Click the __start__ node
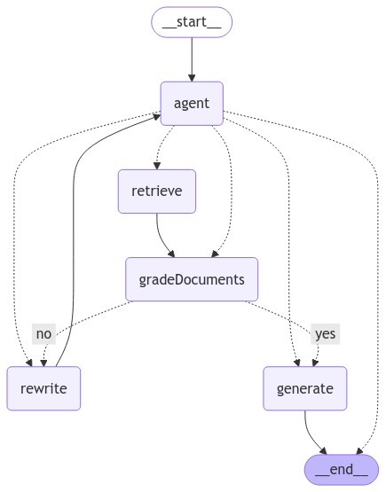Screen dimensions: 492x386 pos(192,22)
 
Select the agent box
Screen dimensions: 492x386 pos(192,104)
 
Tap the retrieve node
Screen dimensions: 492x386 pos(156,191)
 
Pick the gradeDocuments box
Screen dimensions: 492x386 pos(192,279)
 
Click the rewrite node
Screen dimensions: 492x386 pos(43,388)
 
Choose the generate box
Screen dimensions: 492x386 pos(304,388)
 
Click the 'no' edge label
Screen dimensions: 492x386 pos(43,334)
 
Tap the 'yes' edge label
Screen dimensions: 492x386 pos(325,334)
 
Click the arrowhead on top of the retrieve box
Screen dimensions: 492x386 pos(157,164)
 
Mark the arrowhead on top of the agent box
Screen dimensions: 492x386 pos(192,77)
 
